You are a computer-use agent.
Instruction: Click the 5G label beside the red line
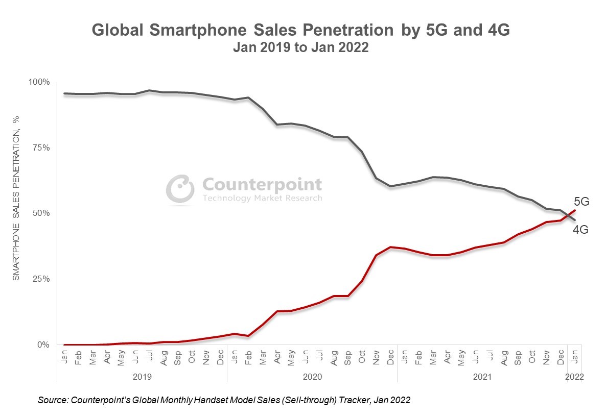coord(581,202)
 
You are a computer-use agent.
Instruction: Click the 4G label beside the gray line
coord(580,230)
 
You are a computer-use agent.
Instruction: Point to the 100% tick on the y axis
coord(39,82)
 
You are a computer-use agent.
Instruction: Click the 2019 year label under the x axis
coord(142,377)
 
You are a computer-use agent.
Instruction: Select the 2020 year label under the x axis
coord(312,377)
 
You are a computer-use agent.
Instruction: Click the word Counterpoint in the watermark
coord(262,184)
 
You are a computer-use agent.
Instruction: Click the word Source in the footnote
coord(52,401)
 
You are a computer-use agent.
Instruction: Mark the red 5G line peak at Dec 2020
coord(390,247)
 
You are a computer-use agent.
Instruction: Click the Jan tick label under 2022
coord(575,356)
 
